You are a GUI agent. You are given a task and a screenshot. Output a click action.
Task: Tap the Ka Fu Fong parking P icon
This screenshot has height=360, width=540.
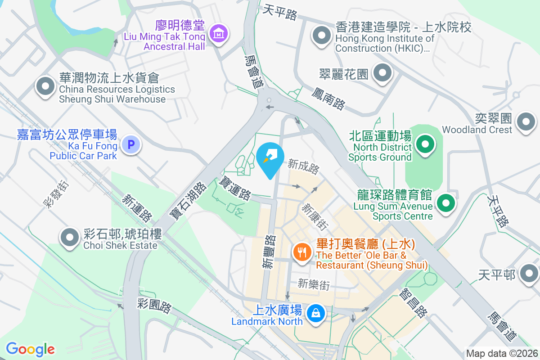coord(131,145)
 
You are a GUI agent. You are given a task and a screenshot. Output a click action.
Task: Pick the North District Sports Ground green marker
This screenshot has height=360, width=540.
coord(424,145)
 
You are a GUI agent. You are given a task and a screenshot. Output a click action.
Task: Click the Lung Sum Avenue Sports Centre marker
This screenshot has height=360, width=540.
coord(445,202)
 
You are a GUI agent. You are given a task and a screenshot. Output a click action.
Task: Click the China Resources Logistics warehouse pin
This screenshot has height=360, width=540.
coord(45,87)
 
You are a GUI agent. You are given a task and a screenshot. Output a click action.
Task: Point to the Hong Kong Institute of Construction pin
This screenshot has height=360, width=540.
coord(321,36)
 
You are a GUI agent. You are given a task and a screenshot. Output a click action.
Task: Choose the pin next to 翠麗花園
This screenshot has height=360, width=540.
coord(382,72)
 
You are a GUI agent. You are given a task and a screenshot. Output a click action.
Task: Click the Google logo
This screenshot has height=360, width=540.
coord(30,349)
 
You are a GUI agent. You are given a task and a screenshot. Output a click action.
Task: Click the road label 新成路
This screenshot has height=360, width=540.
coord(304,166)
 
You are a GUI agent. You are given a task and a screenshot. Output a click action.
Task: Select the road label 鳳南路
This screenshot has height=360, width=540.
coord(328,99)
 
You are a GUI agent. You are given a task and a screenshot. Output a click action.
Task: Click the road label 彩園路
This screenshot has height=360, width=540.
coord(154,306)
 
